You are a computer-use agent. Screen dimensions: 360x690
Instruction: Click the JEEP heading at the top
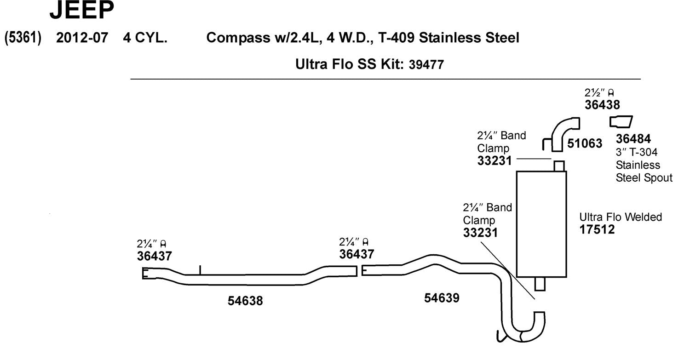point(81,11)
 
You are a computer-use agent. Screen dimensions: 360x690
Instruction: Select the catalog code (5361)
point(23,38)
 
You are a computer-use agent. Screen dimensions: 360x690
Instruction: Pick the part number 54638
point(245,301)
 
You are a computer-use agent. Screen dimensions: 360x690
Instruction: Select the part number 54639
point(442,298)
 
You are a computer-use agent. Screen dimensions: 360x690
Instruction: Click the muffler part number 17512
point(597,229)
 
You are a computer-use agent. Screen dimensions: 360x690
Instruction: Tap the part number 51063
point(584,143)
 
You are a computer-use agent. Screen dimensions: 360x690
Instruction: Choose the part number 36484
point(633,139)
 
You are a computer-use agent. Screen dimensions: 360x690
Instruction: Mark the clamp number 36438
point(602,105)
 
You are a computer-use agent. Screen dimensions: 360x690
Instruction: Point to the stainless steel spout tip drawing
point(621,121)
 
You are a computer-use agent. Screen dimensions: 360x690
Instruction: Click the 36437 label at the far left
point(154,256)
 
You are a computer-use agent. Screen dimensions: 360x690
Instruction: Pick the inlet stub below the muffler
point(540,284)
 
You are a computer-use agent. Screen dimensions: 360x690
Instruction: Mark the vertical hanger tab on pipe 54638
point(200,270)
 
